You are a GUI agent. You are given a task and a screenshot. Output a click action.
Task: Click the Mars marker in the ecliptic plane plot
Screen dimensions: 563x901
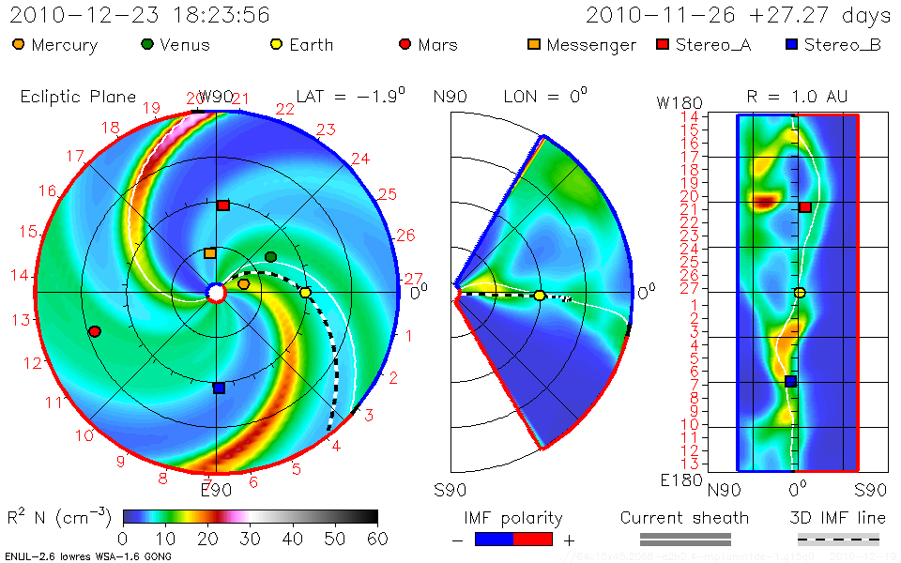[94, 331]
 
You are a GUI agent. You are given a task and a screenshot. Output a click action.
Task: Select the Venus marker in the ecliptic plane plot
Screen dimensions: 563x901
[271, 256]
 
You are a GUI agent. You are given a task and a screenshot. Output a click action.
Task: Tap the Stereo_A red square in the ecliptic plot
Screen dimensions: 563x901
[223, 205]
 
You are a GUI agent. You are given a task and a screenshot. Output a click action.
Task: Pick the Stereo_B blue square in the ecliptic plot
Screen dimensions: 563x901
[219, 388]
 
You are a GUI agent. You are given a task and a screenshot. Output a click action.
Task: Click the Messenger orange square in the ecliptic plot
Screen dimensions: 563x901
[210, 252]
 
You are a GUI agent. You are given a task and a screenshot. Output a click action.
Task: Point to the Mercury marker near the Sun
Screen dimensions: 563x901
[244, 283]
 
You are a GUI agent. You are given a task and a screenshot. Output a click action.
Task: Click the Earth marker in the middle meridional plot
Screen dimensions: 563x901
[540, 296]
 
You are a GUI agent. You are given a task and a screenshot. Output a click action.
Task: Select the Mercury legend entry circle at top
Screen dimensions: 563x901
[19, 44]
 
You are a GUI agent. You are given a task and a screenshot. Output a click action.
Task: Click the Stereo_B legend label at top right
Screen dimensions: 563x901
[842, 45]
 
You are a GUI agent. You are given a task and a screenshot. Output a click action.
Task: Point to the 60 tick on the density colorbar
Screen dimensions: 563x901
[377, 538]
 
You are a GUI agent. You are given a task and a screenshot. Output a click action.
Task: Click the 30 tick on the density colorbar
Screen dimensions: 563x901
[250, 538]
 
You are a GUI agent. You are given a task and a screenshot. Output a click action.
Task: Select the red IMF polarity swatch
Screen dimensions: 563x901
[532, 539]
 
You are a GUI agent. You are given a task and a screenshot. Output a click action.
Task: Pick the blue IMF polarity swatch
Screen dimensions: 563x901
[494, 539]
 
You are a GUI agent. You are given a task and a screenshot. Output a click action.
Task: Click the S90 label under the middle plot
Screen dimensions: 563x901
[449, 489]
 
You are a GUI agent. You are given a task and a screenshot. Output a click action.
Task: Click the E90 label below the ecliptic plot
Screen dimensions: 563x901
[216, 489]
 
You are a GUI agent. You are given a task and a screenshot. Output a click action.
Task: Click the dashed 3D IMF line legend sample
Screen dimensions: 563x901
[838, 539]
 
